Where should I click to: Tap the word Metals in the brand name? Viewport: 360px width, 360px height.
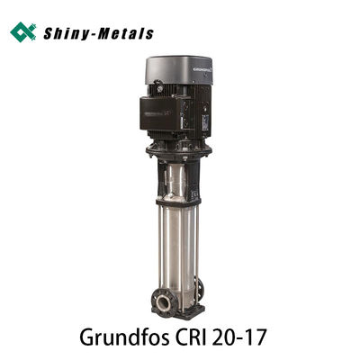coord(125,33)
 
